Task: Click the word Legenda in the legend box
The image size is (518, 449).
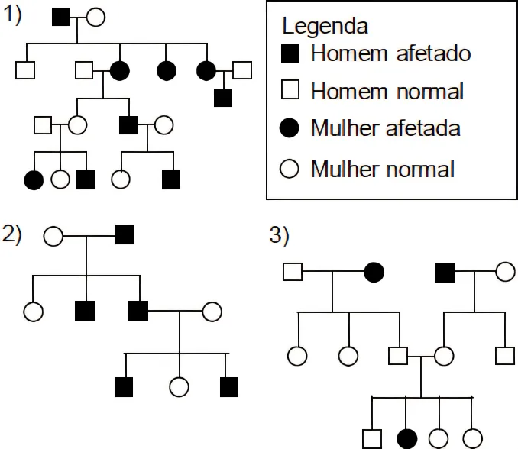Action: coord(325,26)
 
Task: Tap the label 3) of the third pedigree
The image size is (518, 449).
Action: coord(280,236)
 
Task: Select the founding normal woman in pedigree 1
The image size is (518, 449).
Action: coord(96,16)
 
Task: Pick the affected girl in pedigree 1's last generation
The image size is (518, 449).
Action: coord(34,180)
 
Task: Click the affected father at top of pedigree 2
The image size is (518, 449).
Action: coord(125,235)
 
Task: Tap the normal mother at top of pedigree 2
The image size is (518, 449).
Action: coord(53,235)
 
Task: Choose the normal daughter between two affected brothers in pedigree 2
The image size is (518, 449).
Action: coord(179,388)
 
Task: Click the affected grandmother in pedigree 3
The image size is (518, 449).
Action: coord(374,271)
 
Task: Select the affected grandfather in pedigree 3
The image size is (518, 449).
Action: coord(445,271)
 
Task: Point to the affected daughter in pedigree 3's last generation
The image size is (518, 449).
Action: coord(407,438)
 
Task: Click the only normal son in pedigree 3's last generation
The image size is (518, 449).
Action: coord(372,438)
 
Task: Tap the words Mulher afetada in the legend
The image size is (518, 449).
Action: coord(385,128)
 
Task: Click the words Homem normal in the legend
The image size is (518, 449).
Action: coord(387,91)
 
